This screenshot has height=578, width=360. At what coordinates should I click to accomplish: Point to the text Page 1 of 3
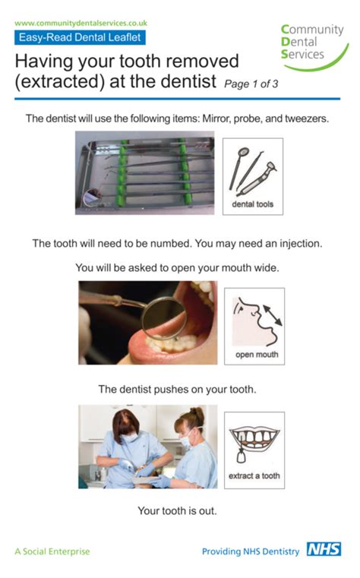point(250,83)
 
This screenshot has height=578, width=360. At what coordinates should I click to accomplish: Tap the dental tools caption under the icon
point(253,204)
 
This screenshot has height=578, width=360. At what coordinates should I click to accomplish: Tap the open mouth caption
point(256,355)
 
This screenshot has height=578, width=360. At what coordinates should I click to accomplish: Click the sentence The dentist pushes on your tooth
point(177,390)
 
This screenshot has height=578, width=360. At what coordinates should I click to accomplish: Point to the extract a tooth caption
point(254,476)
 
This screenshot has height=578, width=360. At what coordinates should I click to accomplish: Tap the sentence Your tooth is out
point(177,510)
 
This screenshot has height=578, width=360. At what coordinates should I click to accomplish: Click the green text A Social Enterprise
point(52,551)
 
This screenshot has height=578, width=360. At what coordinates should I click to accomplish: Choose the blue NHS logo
point(324,550)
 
